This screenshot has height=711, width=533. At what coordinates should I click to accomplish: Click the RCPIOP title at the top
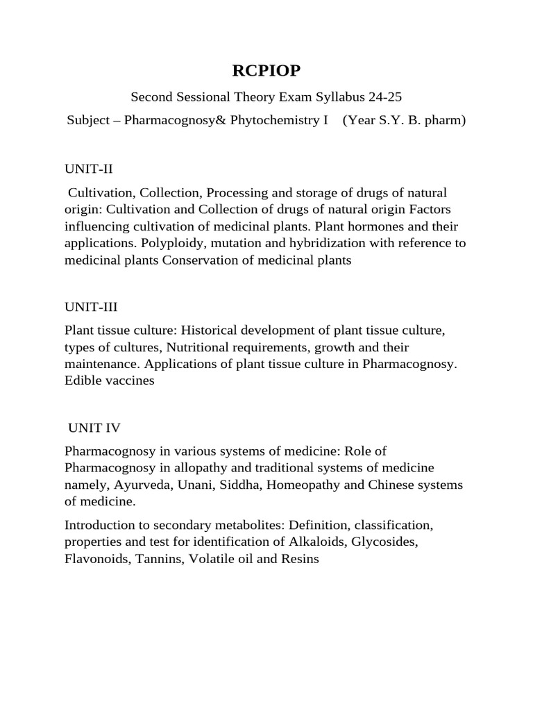tap(266, 72)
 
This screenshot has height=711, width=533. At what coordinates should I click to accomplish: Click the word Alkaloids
tap(307, 542)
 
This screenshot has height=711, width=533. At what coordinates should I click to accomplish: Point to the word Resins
tap(300, 559)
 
